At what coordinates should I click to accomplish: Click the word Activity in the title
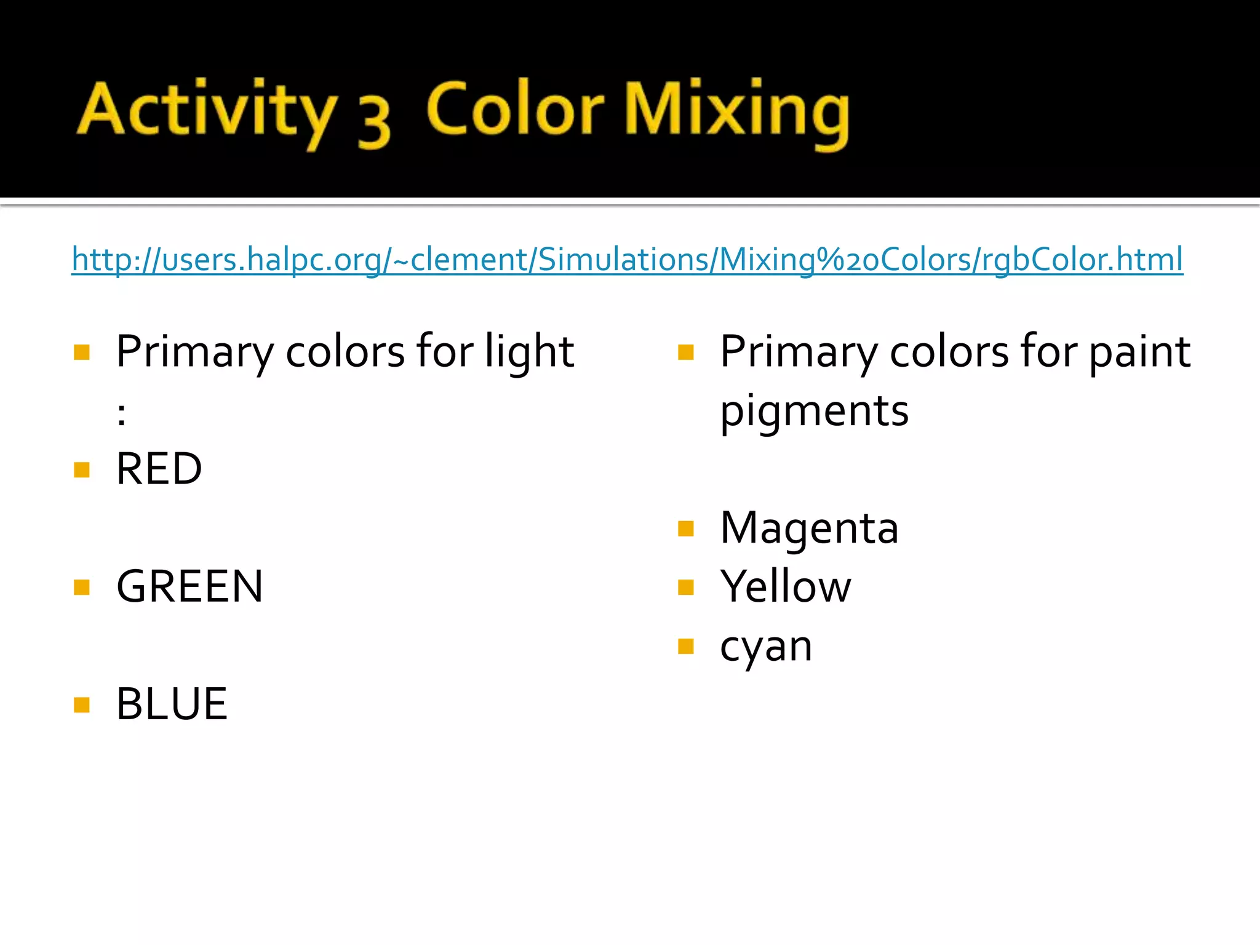(206, 111)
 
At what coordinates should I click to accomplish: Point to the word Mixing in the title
(736, 111)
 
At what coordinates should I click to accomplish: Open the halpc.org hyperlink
(626, 259)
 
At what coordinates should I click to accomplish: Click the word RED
(159, 469)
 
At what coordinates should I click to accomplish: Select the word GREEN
(189, 586)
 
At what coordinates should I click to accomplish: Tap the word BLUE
(172, 704)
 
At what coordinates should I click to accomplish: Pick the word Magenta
(809, 528)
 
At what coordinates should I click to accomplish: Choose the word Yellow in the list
(786, 586)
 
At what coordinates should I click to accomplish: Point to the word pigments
(814, 411)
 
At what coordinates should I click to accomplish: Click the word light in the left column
(529, 352)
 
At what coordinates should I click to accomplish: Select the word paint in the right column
(1139, 352)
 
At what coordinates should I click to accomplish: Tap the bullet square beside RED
(82, 470)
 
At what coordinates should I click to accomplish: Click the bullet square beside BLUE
(82, 704)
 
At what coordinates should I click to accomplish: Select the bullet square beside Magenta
(686, 528)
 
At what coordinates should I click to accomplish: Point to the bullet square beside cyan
(686, 646)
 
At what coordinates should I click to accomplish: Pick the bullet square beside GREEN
(82, 588)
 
